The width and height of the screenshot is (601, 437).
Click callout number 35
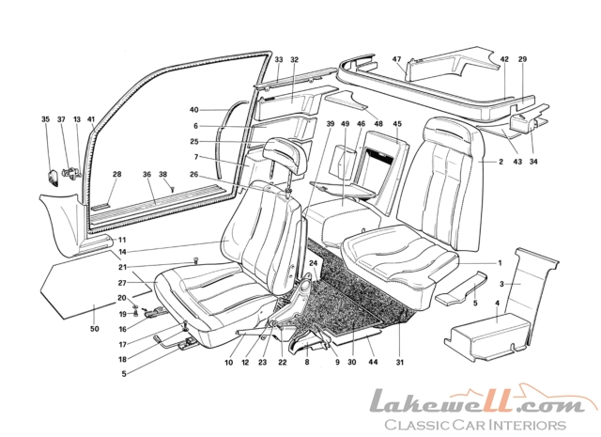click(45, 120)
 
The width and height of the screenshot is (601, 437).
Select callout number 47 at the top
click(398, 59)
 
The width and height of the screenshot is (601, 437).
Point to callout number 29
click(523, 60)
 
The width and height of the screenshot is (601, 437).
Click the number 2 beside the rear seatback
click(502, 163)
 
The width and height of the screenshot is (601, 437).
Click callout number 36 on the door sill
click(148, 174)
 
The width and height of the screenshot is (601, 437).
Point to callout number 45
click(397, 124)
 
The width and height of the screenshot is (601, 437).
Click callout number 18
click(122, 358)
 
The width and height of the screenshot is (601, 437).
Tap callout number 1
click(501, 261)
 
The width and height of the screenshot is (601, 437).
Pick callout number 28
click(117, 174)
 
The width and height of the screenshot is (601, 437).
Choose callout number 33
click(279, 60)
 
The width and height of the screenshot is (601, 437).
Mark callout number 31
click(399, 362)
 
